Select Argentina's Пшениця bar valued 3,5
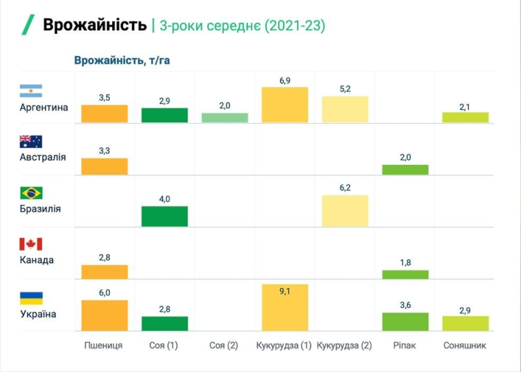[104, 114]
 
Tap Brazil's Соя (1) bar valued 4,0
[165, 216]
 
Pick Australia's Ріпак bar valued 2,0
[405, 169]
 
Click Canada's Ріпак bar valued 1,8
[405, 274]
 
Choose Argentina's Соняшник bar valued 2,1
[465, 117]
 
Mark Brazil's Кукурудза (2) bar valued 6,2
[345, 210]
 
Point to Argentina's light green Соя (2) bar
[225, 118]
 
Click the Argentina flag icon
[31, 91]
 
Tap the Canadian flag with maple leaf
[31, 244]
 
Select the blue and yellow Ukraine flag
[31, 298]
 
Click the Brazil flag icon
[31, 193]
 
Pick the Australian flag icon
[31, 141]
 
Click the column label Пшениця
[104, 345]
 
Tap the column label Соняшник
[464, 345]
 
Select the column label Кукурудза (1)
[284, 345]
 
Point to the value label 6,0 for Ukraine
[104, 293]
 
